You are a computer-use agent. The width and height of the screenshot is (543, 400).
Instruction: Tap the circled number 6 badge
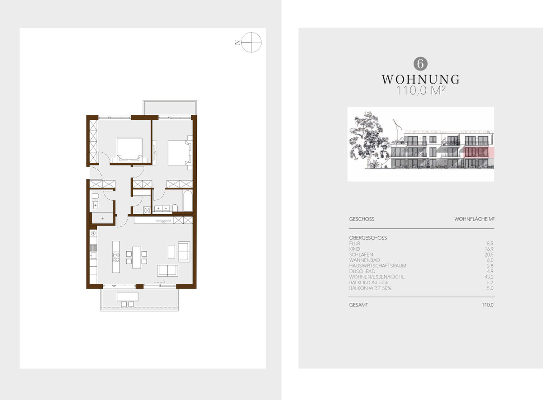pyautogui.click(x=420, y=64)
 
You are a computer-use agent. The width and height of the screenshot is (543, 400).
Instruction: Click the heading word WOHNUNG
pyautogui.click(x=420, y=80)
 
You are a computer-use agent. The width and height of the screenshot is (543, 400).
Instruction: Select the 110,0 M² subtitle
pyautogui.click(x=420, y=90)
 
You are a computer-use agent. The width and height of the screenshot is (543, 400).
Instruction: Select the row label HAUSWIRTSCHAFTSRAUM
pyautogui.click(x=377, y=266)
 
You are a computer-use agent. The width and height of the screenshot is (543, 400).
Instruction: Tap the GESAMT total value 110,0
pyautogui.click(x=487, y=305)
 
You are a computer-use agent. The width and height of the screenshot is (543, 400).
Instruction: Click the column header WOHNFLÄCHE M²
pyautogui.click(x=474, y=219)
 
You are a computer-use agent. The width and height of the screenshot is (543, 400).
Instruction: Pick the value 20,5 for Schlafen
pyautogui.click(x=489, y=254)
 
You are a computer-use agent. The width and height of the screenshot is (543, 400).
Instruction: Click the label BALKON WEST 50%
pyautogui.click(x=370, y=288)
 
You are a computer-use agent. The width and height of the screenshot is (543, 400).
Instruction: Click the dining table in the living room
pyautogui.click(x=137, y=257)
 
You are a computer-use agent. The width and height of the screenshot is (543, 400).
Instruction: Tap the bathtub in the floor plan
pyautogui.click(x=187, y=201)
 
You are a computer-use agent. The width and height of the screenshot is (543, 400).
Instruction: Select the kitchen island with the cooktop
pyautogui.click(x=116, y=257)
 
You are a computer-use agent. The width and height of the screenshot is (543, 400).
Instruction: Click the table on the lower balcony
pyautogui.click(x=128, y=296)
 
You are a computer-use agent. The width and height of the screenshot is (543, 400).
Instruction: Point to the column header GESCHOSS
pyautogui.click(x=362, y=219)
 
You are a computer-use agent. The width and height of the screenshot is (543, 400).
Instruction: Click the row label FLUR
pyautogui.click(x=355, y=243)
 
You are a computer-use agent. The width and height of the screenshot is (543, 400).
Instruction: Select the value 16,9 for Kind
pyautogui.click(x=489, y=249)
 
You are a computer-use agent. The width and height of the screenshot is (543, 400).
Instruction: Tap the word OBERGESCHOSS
pyautogui.click(x=368, y=238)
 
